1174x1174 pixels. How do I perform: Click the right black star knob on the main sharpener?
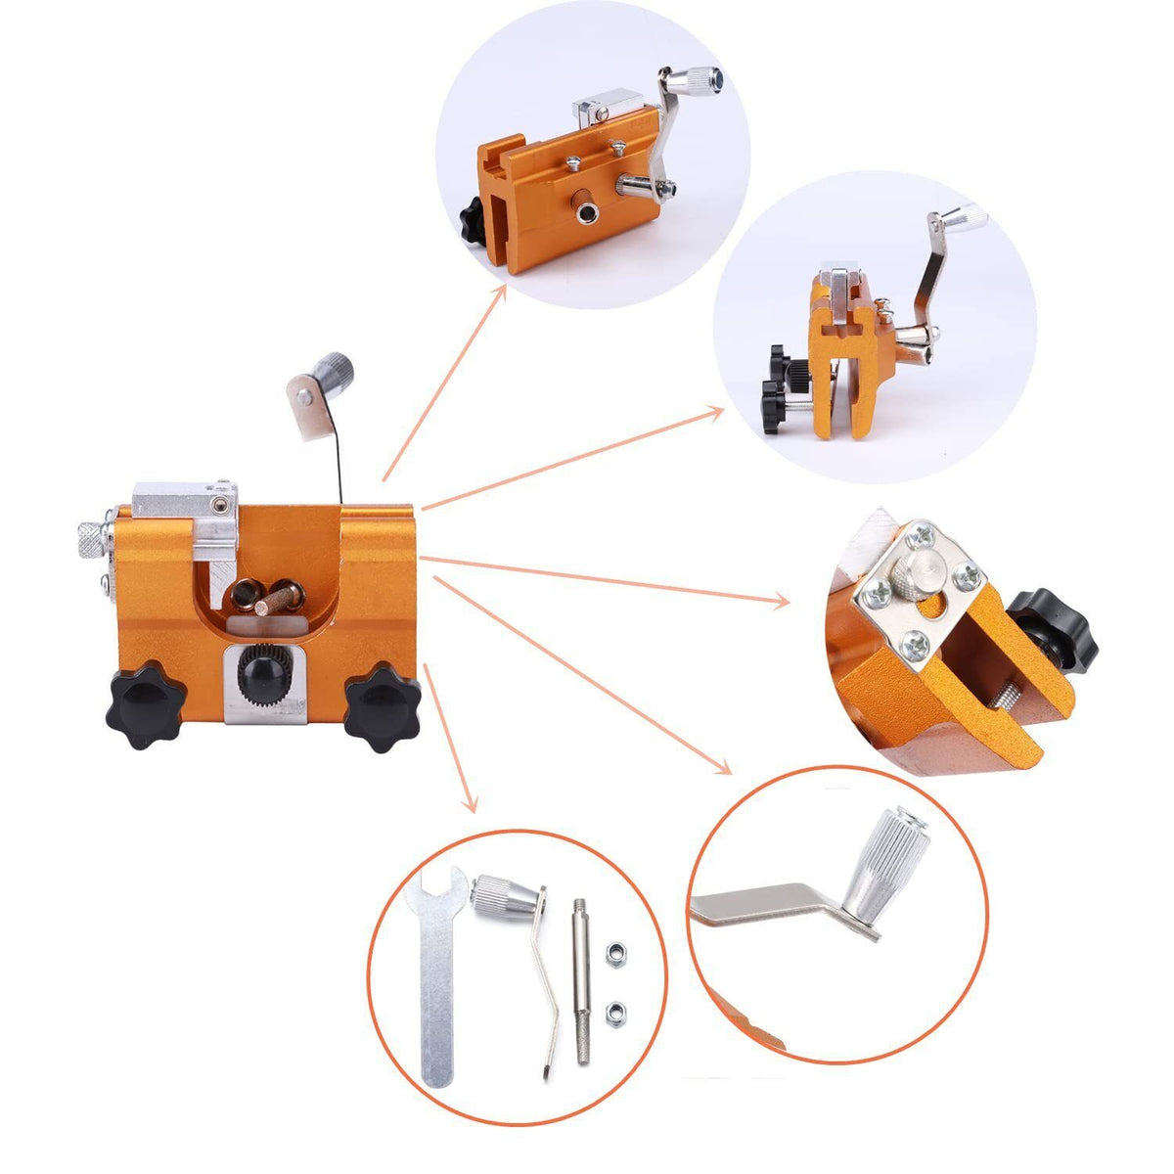(382, 705)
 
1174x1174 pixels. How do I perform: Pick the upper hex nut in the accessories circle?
(616, 951)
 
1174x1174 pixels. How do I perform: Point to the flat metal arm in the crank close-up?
(763, 906)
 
